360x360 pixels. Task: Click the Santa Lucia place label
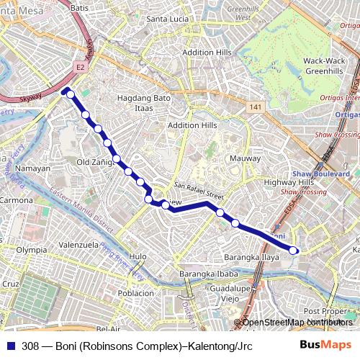(x=167, y=19)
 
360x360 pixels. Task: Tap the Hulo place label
(x=138, y=256)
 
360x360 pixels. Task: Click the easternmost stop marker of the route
(x=294, y=250)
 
